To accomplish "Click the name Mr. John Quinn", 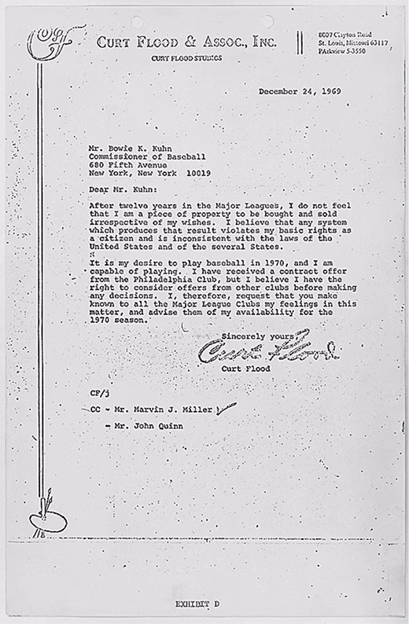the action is pos(150,426).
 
